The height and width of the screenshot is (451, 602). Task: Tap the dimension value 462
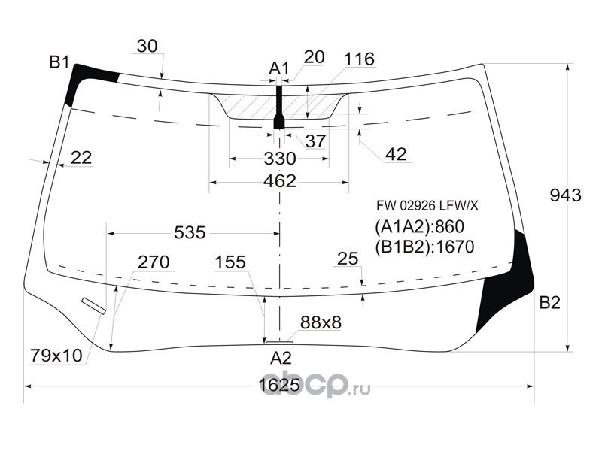click(279, 181)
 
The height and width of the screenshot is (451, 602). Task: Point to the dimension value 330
click(279, 159)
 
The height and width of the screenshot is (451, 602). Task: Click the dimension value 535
click(190, 232)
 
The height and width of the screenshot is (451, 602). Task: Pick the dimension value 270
click(153, 262)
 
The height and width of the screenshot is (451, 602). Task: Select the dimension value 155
click(230, 262)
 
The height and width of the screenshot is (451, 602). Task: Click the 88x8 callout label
click(321, 322)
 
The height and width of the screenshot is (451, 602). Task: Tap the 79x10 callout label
click(56, 354)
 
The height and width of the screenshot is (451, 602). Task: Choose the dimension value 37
click(315, 141)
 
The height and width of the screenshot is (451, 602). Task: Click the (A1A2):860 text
click(420, 227)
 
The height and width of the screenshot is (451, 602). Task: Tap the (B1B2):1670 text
click(424, 247)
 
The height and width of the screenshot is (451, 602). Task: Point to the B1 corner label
click(59, 62)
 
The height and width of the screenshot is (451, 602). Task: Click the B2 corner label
click(550, 304)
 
